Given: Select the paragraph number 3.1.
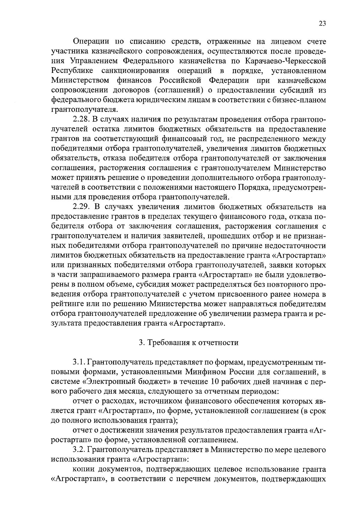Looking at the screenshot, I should tap(79, 363).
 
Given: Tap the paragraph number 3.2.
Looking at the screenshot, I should tap(79, 450).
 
